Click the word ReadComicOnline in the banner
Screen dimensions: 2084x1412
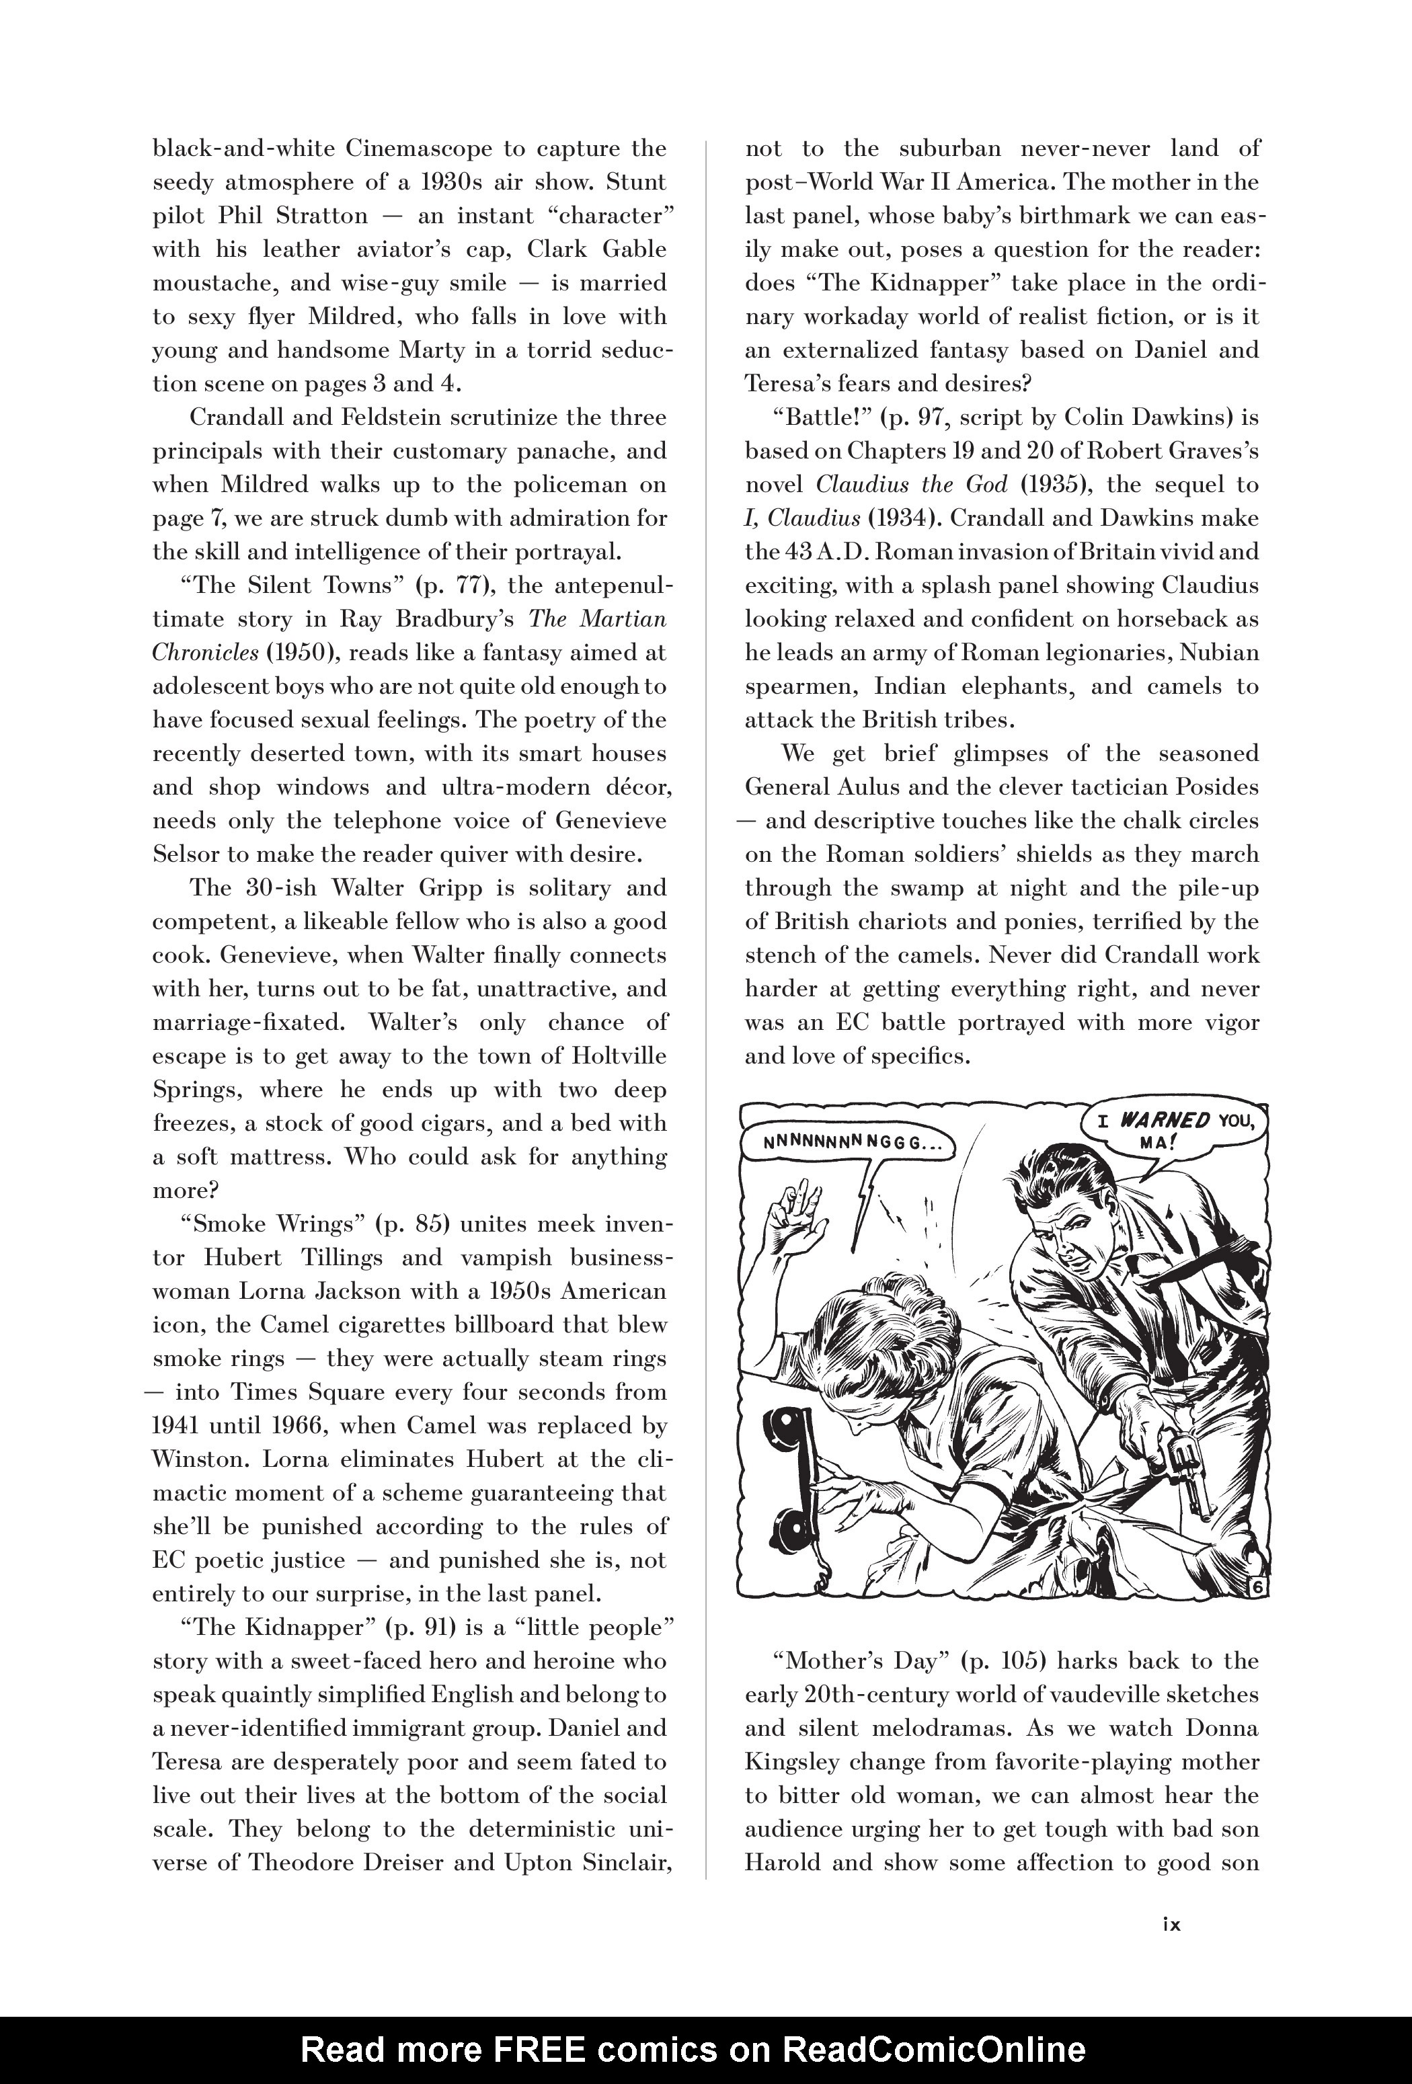click(934, 2048)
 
